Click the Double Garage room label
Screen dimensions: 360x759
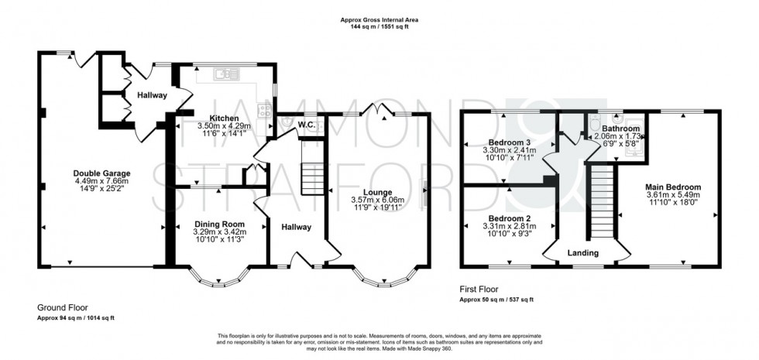[x=102, y=173]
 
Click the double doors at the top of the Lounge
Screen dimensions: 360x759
[x=381, y=109]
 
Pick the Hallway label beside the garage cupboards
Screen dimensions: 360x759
[x=152, y=95]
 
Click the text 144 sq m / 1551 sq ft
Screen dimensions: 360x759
[x=379, y=26]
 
